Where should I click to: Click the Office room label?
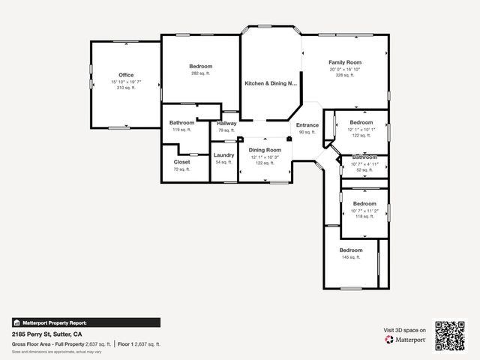tap(126, 75)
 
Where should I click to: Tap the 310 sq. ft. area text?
tap(126, 88)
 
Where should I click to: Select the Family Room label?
tap(345, 62)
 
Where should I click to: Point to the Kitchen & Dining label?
tap(271, 83)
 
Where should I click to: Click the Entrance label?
tap(307, 124)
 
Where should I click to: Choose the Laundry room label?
tap(224, 155)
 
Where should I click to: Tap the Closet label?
tap(182, 162)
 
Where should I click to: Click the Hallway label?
tap(226, 123)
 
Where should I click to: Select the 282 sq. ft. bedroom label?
tap(200, 73)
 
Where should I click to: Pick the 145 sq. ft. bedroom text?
tap(351, 257)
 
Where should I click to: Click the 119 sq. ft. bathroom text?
tap(182, 130)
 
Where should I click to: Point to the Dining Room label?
tap(265, 150)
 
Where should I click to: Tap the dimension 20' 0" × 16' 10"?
tap(345, 69)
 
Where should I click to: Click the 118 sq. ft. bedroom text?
tap(364, 217)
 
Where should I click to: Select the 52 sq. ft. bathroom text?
tap(364, 170)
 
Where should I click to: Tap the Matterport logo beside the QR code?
tap(406, 340)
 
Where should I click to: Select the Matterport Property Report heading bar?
tap(85, 322)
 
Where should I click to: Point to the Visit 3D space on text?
tap(405, 330)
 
